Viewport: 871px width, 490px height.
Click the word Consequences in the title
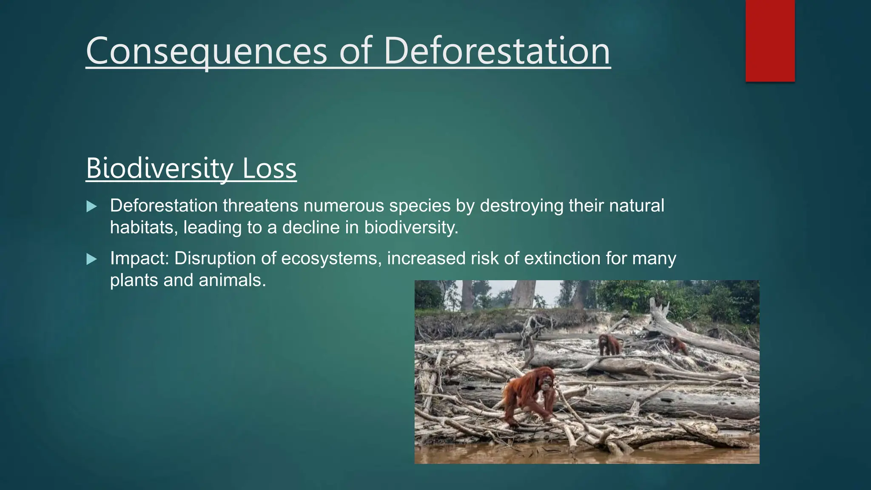[x=206, y=51]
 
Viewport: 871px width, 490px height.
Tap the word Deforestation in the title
[x=497, y=51]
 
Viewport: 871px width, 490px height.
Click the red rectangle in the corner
[x=770, y=40]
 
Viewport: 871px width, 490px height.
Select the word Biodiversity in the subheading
[x=159, y=169]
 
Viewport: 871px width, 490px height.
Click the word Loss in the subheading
[x=269, y=169]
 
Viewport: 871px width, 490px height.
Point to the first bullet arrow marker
[x=91, y=207]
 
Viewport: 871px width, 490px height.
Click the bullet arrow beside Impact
[x=91, y=259]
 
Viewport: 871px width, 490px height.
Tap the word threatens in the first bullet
[x=260, y=206]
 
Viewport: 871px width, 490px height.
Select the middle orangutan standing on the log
[x=609, y=345]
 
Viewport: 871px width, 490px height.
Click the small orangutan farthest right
[x=678, y=345]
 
